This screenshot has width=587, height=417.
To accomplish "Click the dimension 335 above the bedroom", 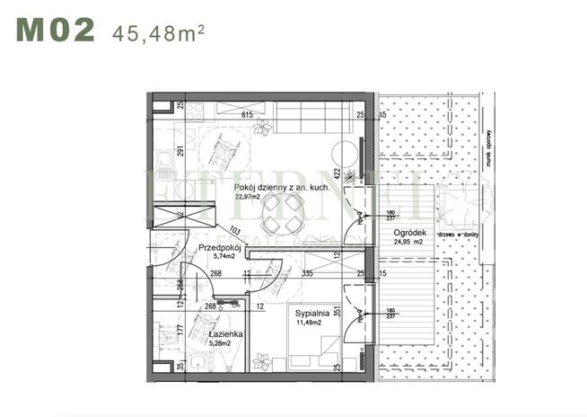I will click(x=307, y=274).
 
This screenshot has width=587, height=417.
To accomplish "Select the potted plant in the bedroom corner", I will click(x=263, y=362).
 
